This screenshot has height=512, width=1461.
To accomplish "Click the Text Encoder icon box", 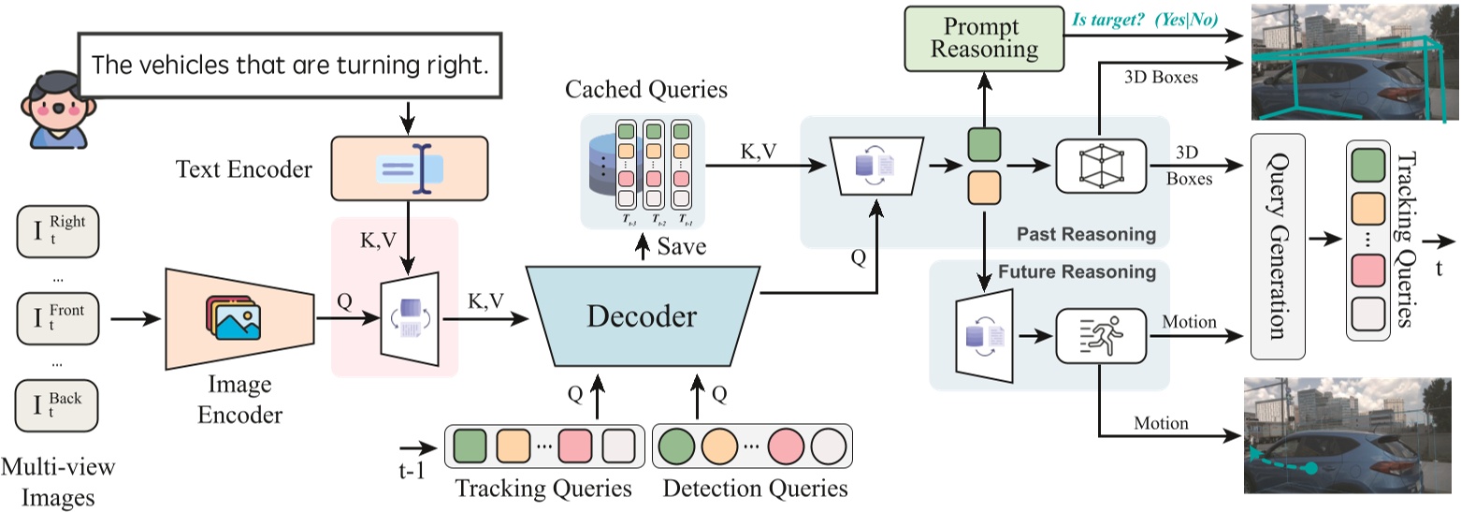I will coord(409,168).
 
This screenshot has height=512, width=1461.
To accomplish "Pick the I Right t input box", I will coord(57,234).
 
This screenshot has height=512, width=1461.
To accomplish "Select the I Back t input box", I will coord(57,407).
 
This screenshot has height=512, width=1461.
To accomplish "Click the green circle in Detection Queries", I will coord(677,446).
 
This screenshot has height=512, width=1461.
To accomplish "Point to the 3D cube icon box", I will coord(1100,167).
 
